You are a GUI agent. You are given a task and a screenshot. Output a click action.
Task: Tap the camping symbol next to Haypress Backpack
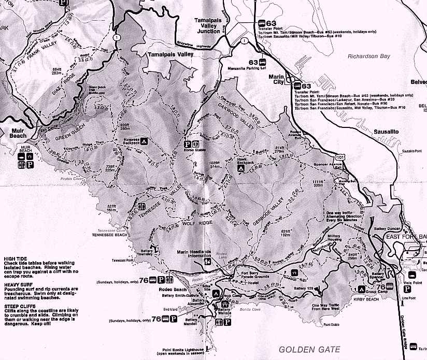[144, 140]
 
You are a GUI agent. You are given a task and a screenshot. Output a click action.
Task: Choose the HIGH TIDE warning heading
[16, 259]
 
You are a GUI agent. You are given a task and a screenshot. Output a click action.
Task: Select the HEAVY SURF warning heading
[19, 284]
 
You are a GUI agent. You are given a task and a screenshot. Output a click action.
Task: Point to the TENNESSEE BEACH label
[110, 234]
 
